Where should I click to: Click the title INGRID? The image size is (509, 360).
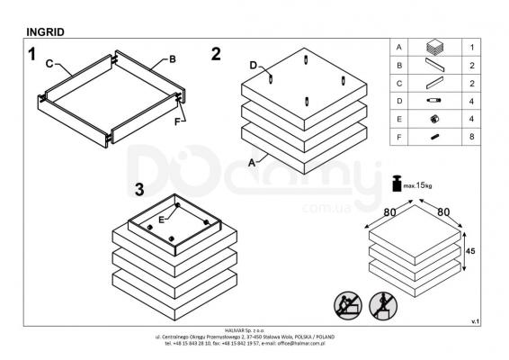[45, 31]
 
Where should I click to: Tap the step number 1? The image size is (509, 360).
[31, 54]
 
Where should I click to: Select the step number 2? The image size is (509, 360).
[216, 54]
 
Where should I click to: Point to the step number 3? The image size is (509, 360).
[139, 189]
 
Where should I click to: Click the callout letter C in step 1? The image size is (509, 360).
[49, 63]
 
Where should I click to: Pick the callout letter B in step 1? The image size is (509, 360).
[173, 59]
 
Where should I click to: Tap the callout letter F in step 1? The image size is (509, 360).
[177, 121]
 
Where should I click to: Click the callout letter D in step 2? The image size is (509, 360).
[254, 66]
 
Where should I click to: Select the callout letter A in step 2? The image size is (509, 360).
[252, 163]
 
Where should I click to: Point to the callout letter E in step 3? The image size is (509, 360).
[161, 220]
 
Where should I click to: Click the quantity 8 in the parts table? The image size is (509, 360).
[471, 137]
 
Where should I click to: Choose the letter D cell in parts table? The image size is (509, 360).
[399, 101]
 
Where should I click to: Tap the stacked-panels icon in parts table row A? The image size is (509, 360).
[435, 47]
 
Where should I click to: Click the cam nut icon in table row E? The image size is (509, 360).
[434, 119]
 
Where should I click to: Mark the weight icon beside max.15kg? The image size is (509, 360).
[397, 184]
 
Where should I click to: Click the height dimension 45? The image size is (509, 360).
[470, 251]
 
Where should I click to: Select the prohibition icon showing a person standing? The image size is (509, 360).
[383, 305]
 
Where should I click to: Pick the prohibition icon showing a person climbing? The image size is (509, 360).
[348, 305]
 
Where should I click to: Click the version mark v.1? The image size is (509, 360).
[475, 321]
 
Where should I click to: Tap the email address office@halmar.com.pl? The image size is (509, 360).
[301, 343]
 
